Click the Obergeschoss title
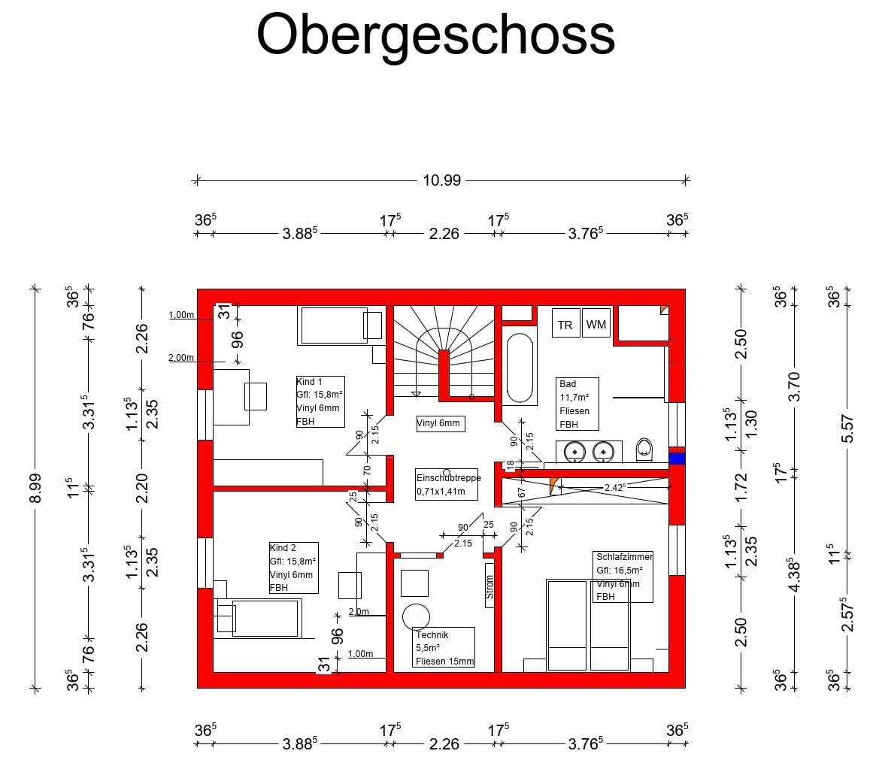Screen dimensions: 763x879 point(435,35)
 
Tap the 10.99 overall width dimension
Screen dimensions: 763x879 point(441,180)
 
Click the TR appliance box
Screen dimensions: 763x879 point(565,325)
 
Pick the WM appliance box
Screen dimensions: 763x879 point(596,325)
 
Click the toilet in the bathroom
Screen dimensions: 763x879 point(644,450)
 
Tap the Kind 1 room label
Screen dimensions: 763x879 point(320,401)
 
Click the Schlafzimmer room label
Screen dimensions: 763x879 point(623,576)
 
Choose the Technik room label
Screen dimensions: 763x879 point(444,647)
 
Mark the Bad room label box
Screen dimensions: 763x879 point(577,404)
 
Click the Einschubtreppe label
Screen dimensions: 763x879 point(447,485)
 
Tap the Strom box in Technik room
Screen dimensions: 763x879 point(490,585)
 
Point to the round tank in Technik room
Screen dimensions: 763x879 point(416,616)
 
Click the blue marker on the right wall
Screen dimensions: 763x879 point(677,459)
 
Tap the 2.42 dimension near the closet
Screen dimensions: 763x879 point(615,487)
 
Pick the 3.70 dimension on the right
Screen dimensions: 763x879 point(796,386)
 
